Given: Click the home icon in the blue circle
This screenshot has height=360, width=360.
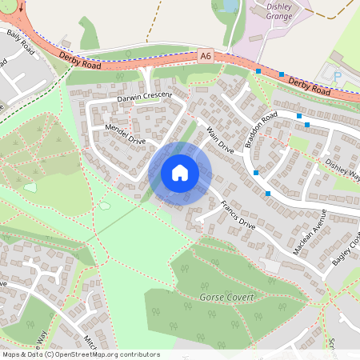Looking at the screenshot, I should pos(180,172).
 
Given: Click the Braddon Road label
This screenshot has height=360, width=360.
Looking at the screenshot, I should pos(261,130).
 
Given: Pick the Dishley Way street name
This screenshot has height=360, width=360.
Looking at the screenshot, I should pos(342,169).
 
